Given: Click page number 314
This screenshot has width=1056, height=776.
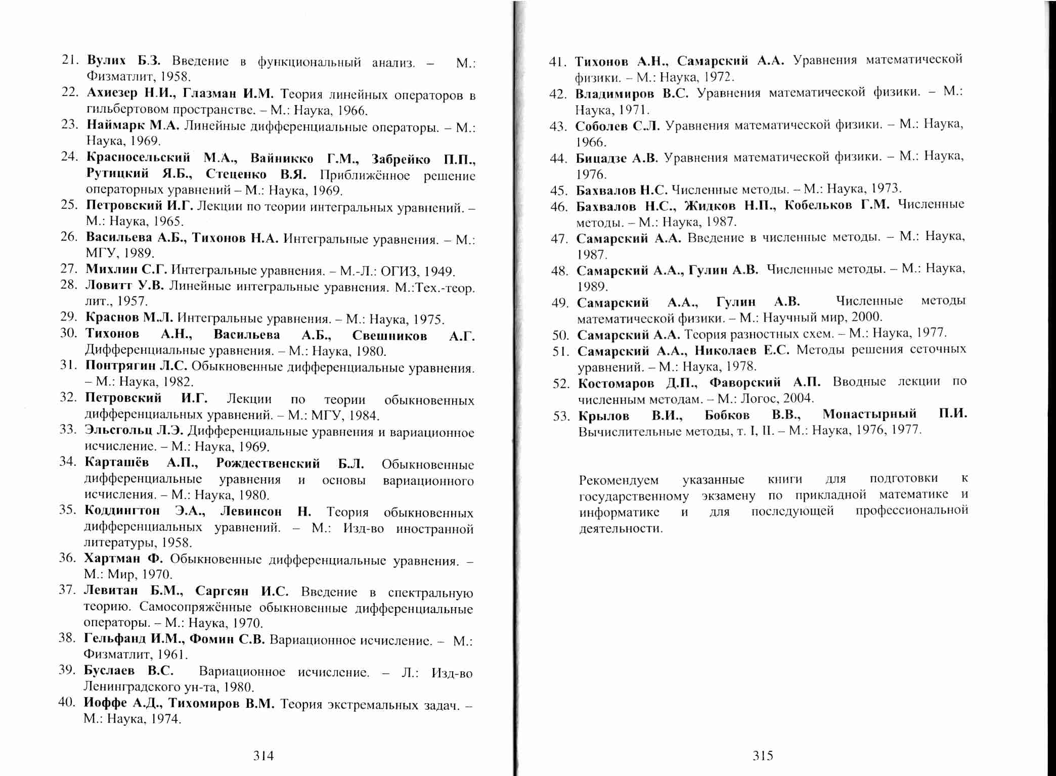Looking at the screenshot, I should point(263,756).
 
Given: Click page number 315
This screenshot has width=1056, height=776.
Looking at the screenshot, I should point(763,756).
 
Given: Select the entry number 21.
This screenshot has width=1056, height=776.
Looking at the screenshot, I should point(70,60).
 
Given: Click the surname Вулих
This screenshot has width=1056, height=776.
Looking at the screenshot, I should point(106,60).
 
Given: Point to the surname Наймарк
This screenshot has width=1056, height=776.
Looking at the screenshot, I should point(115,124).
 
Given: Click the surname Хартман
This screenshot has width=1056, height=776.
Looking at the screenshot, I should point(112,558).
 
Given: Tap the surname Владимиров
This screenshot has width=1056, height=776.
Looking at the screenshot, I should point(614,94).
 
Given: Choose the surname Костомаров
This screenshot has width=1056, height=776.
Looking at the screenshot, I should point(616,383).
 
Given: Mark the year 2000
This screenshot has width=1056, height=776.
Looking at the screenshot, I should point(867,317).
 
